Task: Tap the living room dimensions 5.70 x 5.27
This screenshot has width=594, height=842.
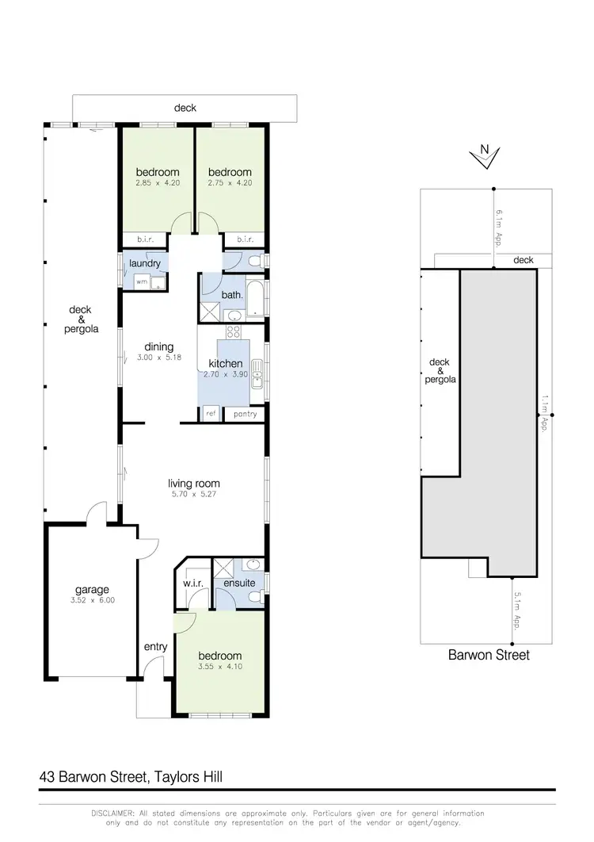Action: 193,495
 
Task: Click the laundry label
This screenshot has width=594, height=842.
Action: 145,263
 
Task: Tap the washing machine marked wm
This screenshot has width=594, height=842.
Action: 142,281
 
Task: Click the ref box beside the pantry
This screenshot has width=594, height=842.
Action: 211,414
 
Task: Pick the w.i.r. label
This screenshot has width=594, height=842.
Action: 194,584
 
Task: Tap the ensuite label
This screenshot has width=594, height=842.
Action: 239,584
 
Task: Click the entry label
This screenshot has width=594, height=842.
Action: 155,647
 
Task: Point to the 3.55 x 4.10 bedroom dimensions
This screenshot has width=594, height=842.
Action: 219,668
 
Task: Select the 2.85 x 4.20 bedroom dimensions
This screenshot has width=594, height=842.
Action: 158,184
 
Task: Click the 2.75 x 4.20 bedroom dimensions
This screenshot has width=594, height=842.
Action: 230,184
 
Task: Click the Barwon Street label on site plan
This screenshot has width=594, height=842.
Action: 489,655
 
